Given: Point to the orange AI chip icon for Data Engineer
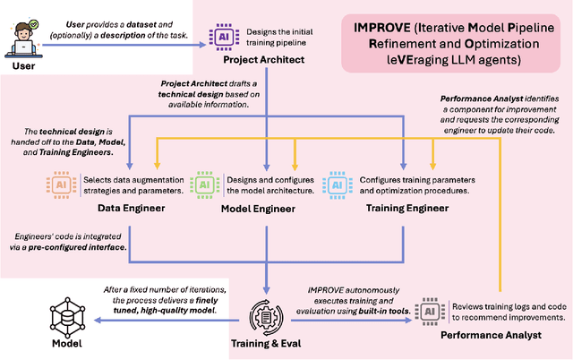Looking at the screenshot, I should pyautogui.click(x=61, y=184).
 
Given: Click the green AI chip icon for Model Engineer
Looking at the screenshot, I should pyautogui.click(x=206, y=184).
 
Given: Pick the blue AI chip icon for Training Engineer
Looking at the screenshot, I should pyautogui.click(x=340, y=184).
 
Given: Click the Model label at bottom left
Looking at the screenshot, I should pyautogui.click(x=69, y=343).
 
